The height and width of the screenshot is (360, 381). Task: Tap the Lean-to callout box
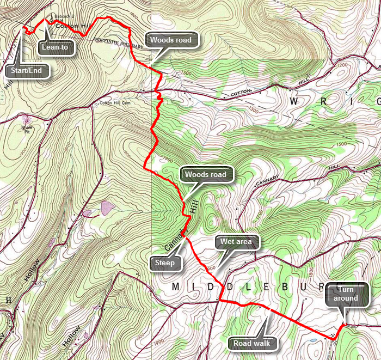click(x=57, y=47)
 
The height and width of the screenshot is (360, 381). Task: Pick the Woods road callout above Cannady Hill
click(x=207, y=175)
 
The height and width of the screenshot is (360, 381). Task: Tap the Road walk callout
click(x=251, y=343)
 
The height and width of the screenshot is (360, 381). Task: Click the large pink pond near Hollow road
click(x=107, y=207)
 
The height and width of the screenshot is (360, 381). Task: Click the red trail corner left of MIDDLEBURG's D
click(x=220, y=300)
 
